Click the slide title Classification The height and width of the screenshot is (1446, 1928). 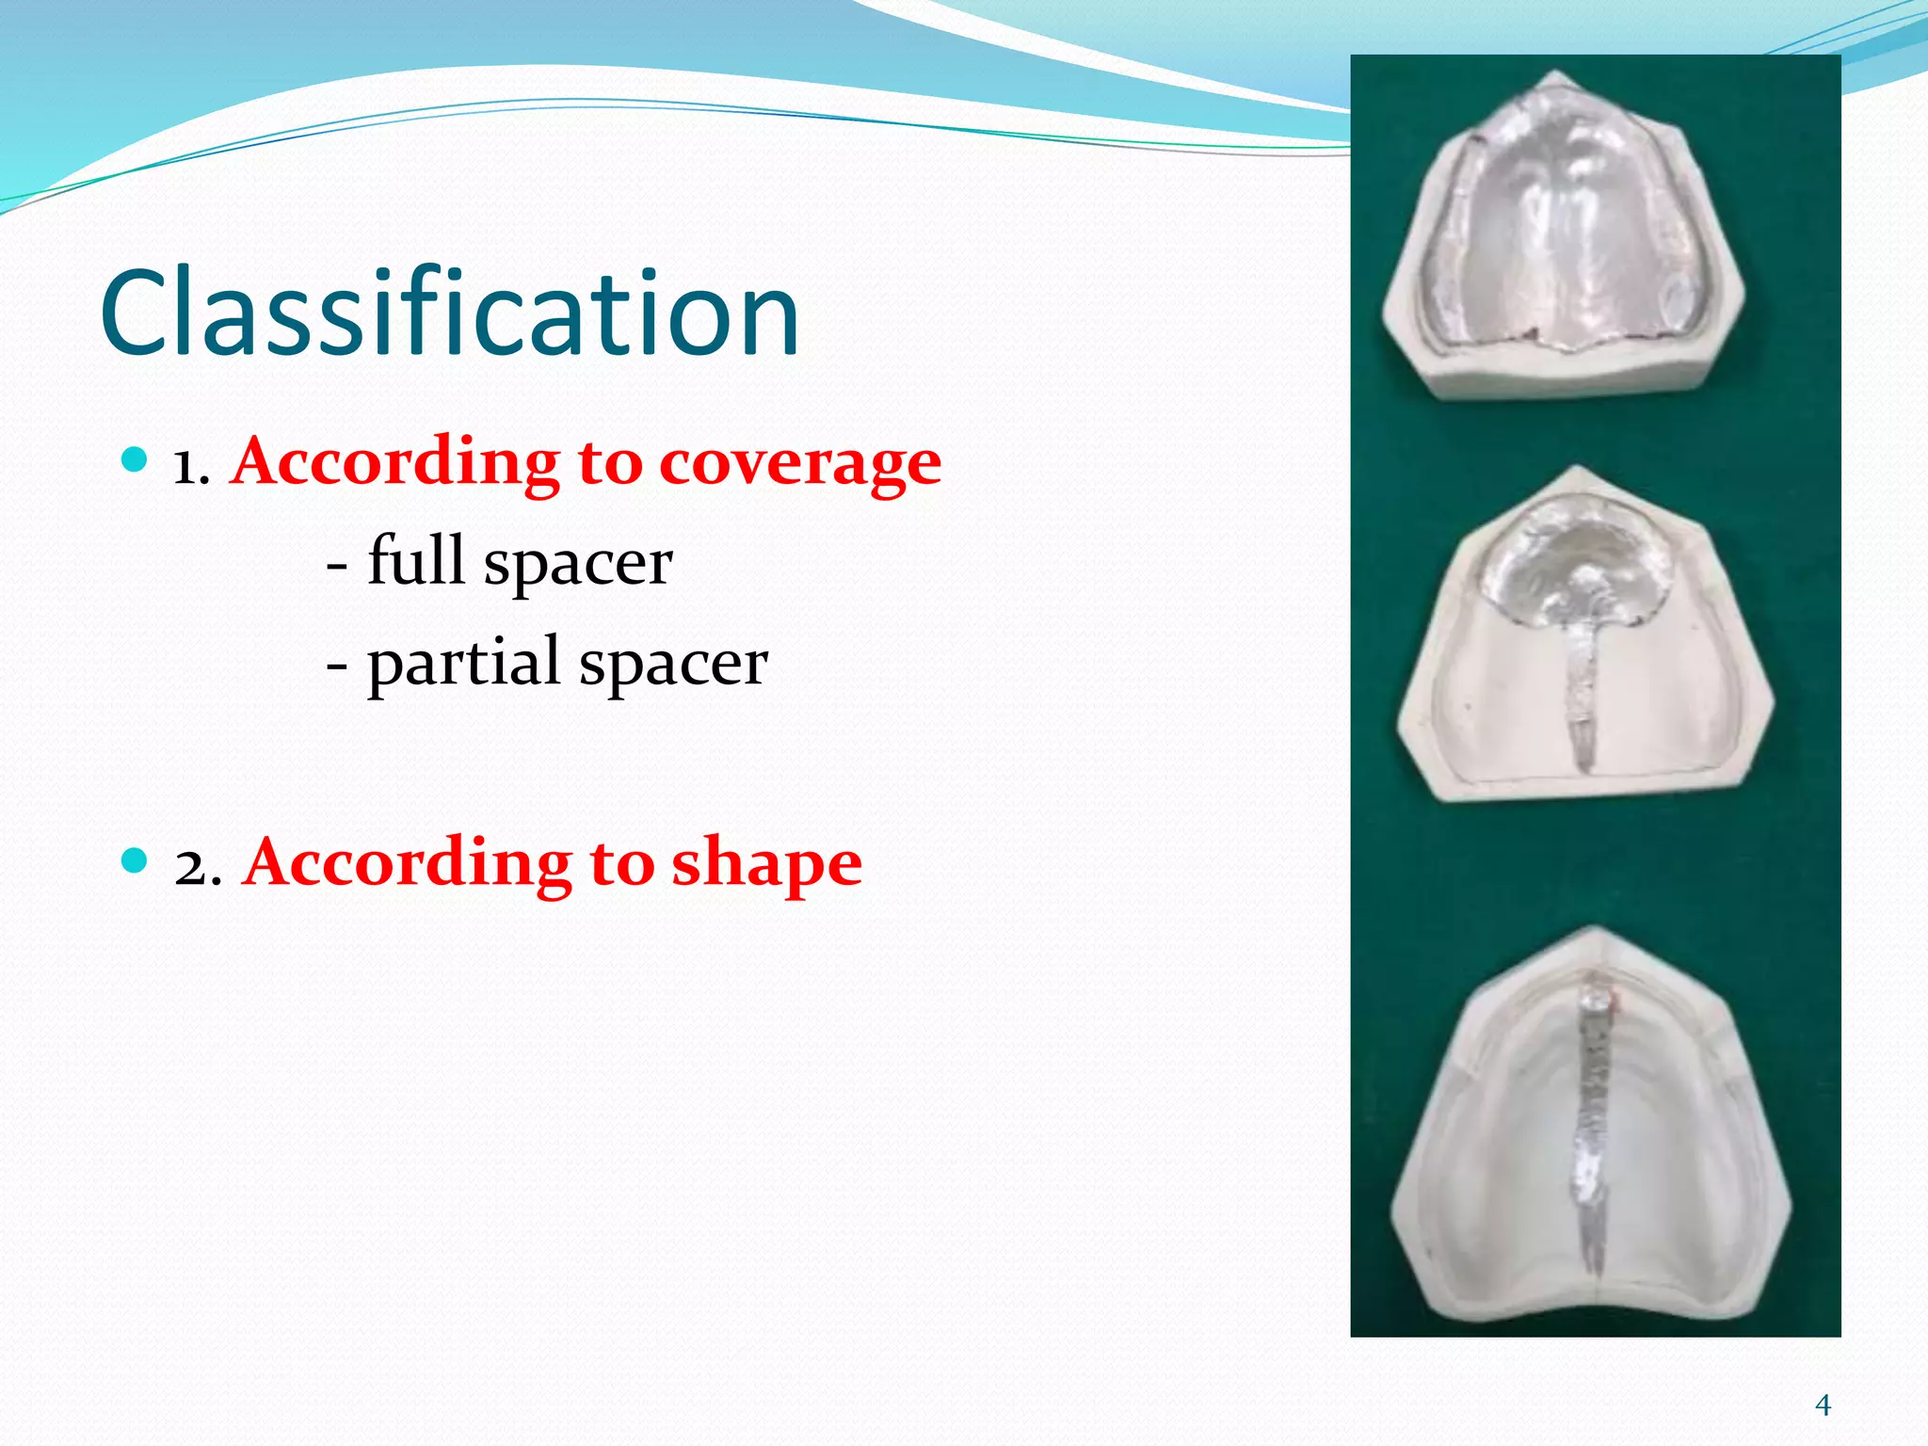tap(450, 315)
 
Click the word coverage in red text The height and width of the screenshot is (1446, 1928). tap(799, 463)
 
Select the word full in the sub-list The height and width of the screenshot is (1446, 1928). tap(416, 561)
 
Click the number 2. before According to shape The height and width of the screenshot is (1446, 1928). tap(198, 866)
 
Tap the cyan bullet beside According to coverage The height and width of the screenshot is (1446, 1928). tap(136, 459)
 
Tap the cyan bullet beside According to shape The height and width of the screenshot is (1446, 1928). tap(136, 860)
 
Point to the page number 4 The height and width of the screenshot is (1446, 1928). tap(1823, 1406)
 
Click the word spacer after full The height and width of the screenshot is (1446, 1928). tap(577, 563)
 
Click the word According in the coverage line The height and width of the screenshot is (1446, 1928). tap(395, 463)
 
